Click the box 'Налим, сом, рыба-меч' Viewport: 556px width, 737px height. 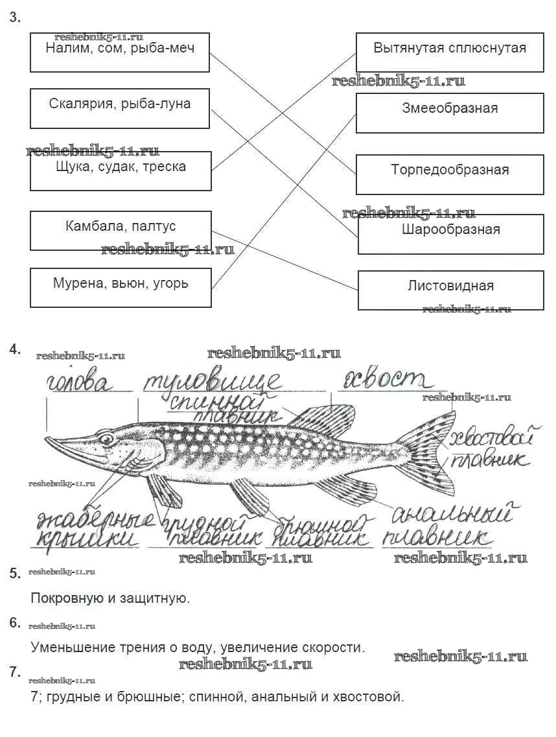tap(120, 53)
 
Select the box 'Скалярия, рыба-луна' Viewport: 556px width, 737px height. tap(120, 108)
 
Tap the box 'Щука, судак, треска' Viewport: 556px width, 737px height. tap(121, 170)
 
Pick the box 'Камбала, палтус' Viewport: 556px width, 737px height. tap(121, 230)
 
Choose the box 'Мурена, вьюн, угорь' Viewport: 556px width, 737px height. tap(121, 288)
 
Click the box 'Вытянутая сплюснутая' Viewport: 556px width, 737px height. tap(450, 53)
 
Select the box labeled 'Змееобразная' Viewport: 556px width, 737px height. tap(450, 112)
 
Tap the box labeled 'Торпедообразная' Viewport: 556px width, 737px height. tap(450, 174)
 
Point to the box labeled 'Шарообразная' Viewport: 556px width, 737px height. tap(450, 233)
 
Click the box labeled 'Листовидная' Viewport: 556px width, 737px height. tap(450, 290)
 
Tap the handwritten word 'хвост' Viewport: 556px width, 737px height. tap(385, 380)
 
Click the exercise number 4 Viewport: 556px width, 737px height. tap(15, 349)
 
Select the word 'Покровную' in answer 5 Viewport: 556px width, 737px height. tap(62, 598)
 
